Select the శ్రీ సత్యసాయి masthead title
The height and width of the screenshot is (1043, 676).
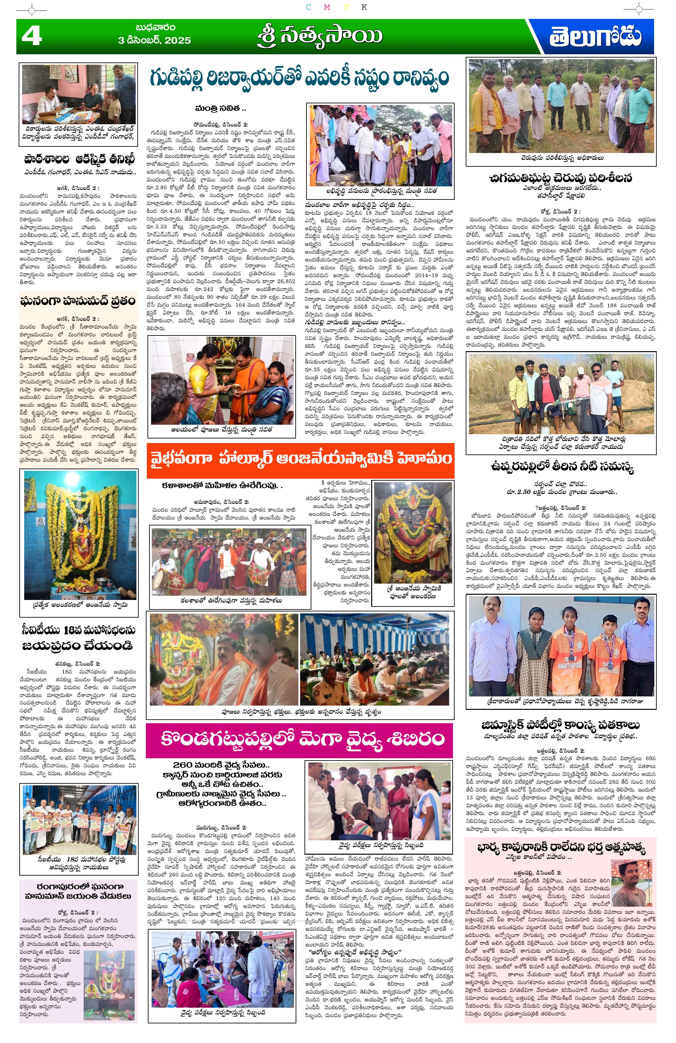click(320, 37)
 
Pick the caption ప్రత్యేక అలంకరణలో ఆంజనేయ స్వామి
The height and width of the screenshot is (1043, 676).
click(80, 605)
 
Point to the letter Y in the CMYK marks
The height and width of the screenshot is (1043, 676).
click(346, 7)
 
